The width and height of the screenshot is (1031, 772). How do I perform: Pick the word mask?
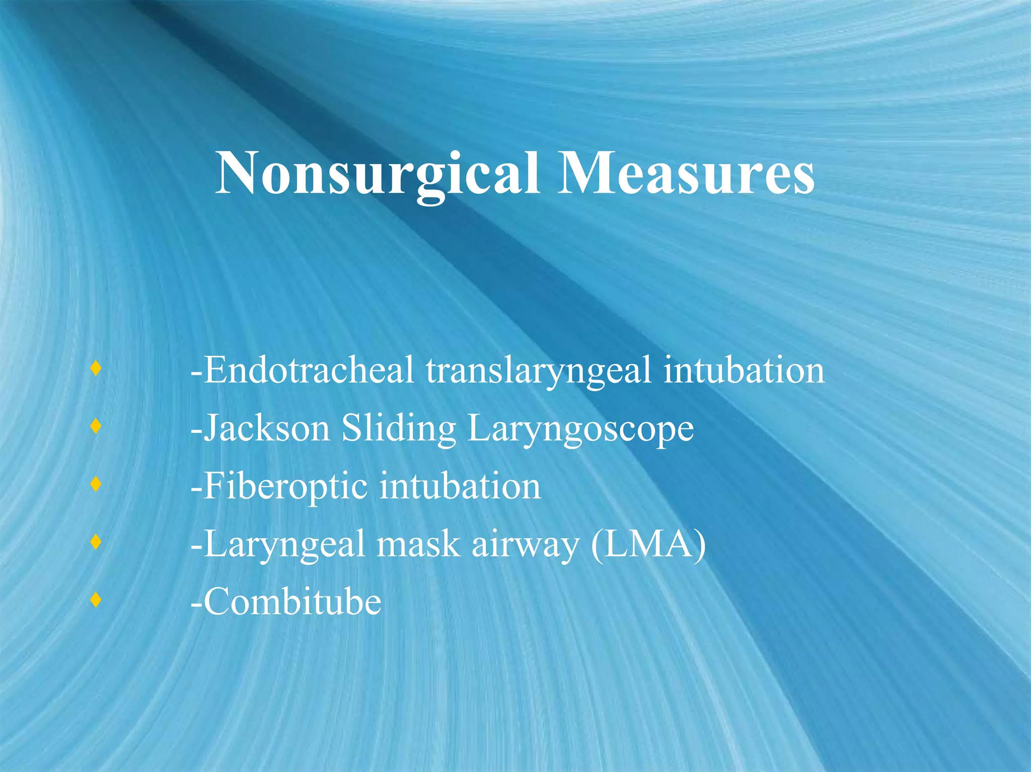click(418, 545)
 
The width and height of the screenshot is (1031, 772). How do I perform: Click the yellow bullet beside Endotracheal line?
click(96, 369)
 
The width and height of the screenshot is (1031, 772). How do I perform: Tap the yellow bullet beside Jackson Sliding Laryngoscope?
click(96, 427)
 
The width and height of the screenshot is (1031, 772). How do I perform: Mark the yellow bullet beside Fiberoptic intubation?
click(96, 485)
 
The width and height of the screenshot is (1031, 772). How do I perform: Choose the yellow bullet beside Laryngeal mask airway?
click(96, 543)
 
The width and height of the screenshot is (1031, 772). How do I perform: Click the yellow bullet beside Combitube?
click(96, 600)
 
